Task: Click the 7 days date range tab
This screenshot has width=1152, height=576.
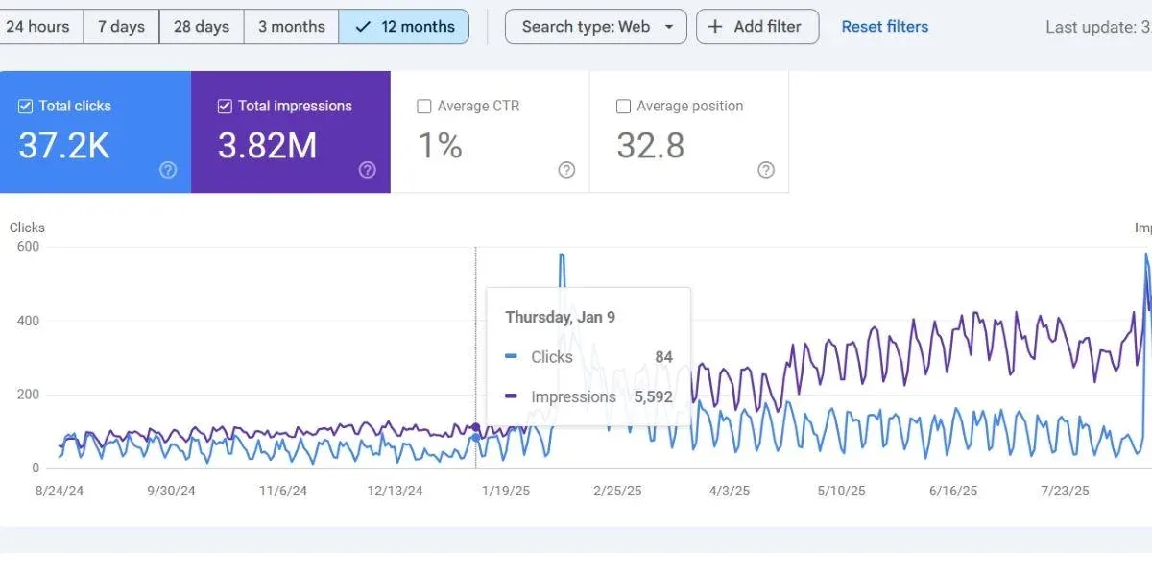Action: pos(121,27)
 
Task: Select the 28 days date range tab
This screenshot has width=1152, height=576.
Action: pos(202,27)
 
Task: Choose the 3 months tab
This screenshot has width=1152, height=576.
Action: pos(291,27)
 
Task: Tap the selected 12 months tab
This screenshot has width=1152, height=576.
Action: pos(404,27)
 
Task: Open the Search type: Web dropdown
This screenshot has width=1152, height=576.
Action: pos(595,27)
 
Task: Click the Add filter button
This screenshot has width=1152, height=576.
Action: pos(757,27)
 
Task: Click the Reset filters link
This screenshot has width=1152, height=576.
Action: pos(884,27)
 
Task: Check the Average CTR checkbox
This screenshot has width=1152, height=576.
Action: pos(424,107)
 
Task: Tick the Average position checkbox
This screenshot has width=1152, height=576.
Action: pos(623,107)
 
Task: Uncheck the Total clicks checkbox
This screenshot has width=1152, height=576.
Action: pos(26,107)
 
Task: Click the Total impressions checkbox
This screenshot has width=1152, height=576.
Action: pos(225,107)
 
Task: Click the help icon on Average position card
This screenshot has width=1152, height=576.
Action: pos(765,170)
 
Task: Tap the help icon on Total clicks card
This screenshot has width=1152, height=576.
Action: pos(168,170)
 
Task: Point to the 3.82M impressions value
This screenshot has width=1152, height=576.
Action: pos(267,146)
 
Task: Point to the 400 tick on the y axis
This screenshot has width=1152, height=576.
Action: pos(27,321)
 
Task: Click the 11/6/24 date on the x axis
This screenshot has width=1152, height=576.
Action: pos(283,491)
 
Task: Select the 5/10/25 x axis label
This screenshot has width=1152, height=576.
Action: pos(841,491)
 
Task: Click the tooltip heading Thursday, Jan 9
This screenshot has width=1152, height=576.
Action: pos(560,317)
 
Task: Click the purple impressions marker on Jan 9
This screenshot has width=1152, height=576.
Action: pos(476,427)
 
